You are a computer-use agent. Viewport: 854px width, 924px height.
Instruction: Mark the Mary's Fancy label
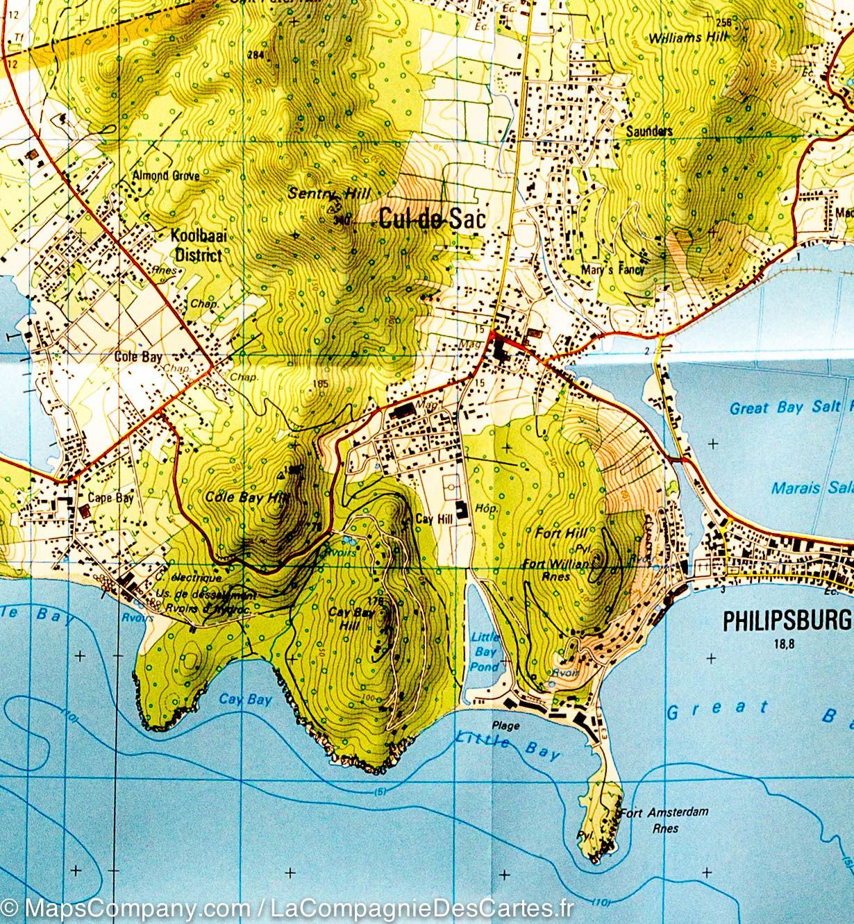614,270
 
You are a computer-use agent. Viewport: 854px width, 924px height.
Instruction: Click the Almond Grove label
165,176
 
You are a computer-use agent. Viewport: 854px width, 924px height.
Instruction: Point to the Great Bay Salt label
790,408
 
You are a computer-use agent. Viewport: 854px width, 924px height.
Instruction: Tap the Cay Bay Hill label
351,618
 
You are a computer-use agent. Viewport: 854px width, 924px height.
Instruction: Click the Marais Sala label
812,488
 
